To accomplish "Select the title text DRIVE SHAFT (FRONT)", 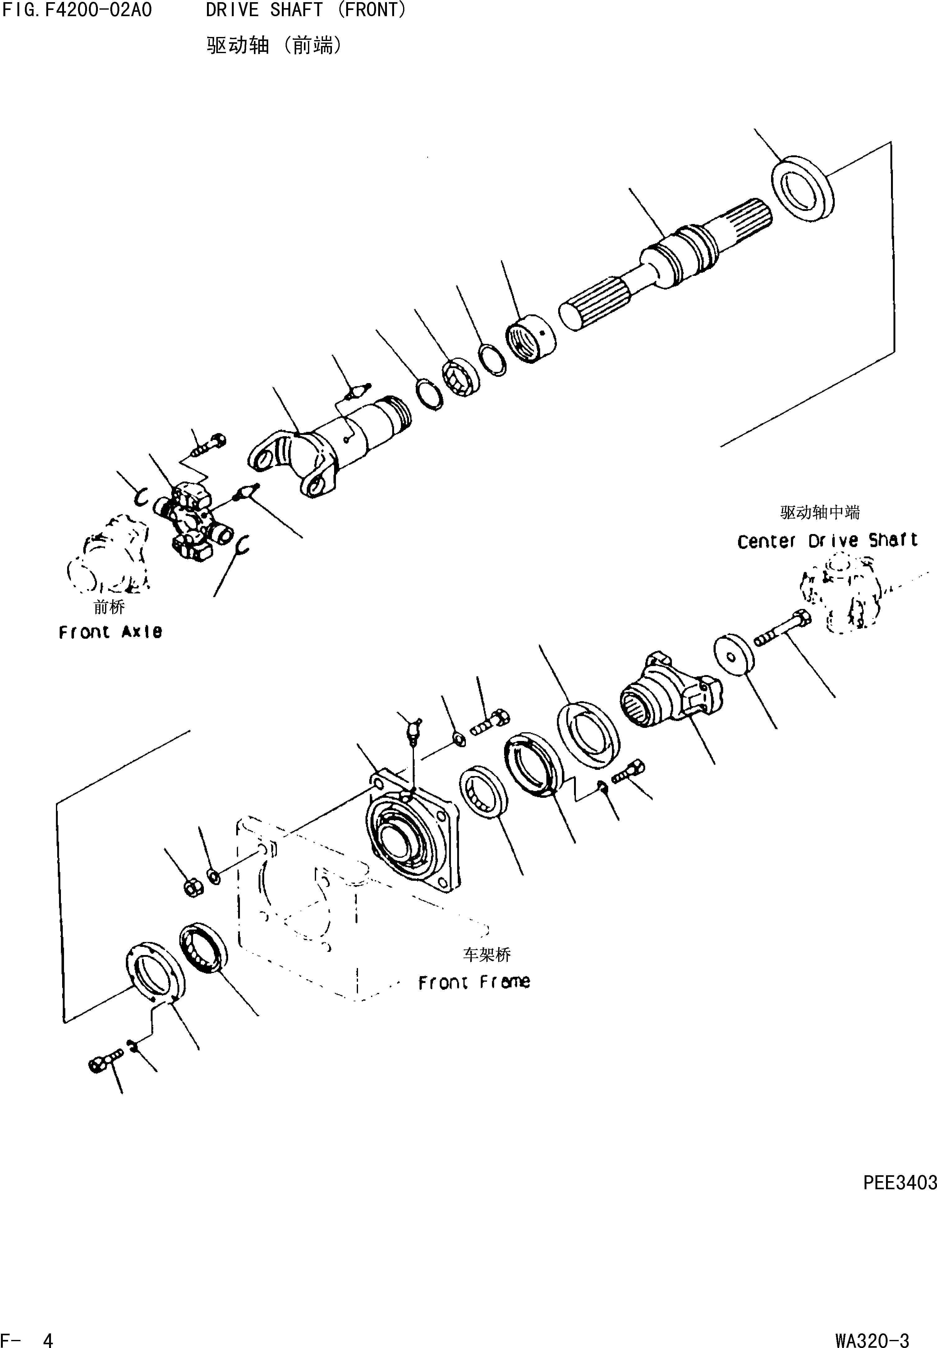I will click(305, 10).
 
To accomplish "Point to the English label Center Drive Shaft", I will click(827, 541).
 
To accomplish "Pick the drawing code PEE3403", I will click(899, 1182).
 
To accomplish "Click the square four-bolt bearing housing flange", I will click(411, 833).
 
